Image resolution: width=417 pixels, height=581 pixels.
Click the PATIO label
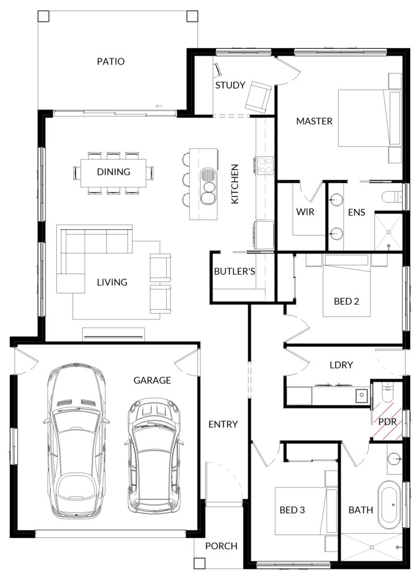pos(111,61)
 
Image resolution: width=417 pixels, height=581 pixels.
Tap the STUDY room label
pos(230,85)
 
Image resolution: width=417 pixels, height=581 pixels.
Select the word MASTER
pos(314,121)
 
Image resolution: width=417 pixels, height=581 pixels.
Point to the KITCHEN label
pos(235,184)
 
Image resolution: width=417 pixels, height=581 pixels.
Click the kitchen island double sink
pos(208,186)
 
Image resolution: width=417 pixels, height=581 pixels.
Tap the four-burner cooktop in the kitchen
pos(264,165)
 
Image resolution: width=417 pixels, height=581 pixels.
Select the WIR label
pos(305,212)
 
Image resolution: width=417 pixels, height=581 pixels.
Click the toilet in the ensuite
pos(391,196)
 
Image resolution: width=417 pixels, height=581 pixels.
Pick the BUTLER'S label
pos(235,272)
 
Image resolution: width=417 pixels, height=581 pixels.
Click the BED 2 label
pos(346,301)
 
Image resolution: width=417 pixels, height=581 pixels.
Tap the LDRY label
pos(341,365)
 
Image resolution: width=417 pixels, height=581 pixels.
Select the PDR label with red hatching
pos(387,422)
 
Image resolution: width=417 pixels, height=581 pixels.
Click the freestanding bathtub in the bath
pos(389,505)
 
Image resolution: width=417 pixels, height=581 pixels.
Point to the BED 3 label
pos(292,510)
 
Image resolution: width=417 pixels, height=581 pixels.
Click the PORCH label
pos(221,546)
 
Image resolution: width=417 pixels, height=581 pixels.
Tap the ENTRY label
pos(223,424)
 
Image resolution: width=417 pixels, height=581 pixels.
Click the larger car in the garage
pos(77,441)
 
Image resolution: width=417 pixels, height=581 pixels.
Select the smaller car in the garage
pos(154,456)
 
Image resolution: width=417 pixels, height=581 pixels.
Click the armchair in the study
pos(258,96)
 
